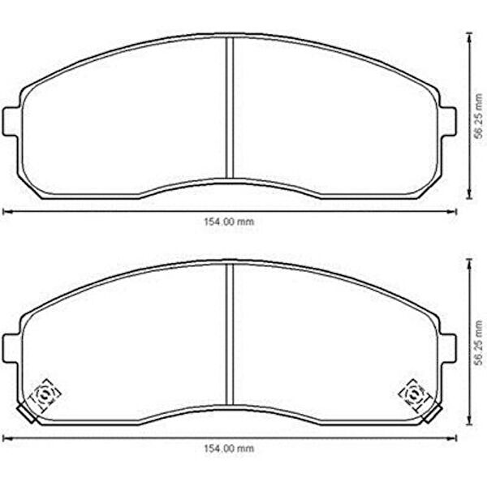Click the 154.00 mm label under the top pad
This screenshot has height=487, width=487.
pos(229,222)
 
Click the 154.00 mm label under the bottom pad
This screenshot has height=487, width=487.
pos(229,448)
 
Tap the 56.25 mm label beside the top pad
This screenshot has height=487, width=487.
pos(480,116)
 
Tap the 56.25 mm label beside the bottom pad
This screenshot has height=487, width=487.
pos(480,343)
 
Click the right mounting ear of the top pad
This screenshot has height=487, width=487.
pos(447,122)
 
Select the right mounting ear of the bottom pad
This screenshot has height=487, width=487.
pos(447,348)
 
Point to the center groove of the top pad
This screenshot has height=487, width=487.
pos(229,108)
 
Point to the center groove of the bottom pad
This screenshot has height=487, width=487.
pos(229,334)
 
